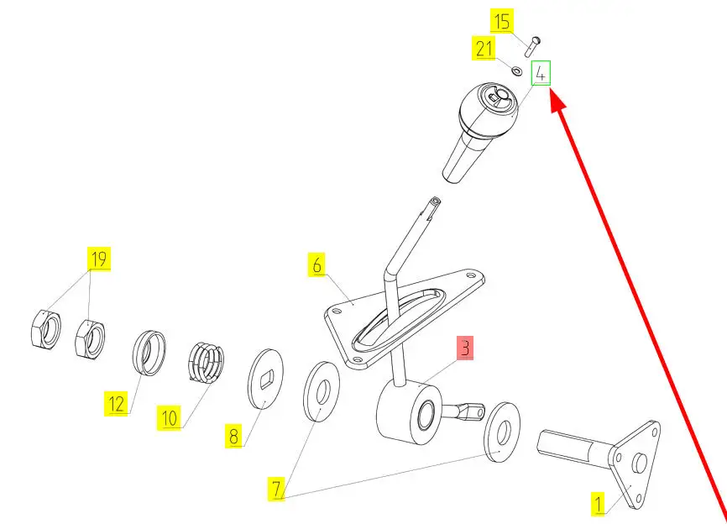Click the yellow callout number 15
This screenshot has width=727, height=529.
502,21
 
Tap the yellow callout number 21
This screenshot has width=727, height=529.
484,48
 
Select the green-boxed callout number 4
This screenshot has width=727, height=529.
541,73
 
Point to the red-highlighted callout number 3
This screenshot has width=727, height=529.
466,348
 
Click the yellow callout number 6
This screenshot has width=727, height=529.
316,264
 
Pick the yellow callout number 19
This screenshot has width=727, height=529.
99,259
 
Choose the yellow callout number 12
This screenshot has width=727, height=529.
116,403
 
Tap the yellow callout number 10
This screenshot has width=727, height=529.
169,417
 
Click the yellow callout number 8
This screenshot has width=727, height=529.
233,436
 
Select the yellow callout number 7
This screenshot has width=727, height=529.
276,489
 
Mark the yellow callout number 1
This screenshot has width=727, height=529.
599,504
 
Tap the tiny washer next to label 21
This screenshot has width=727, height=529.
516,71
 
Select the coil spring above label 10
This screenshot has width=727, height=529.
207,362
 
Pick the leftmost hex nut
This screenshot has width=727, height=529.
45,328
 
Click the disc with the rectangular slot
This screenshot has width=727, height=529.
264,379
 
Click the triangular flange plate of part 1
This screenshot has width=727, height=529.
636,464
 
